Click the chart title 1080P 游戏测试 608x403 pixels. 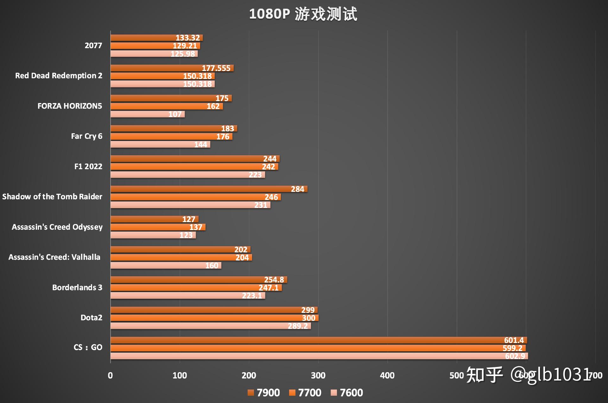coord(303,14)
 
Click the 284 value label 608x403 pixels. coord(297,189)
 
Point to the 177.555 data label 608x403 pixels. coord(216,68)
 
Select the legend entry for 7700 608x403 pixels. coord(305,393)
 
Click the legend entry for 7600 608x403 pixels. coord(347,393)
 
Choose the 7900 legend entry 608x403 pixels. coord(264,393)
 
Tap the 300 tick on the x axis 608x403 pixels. coord(318,375)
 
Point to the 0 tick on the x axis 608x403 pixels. coord(110,375)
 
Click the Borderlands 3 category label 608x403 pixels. coord(77,287)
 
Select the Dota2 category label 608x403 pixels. coord(91,317)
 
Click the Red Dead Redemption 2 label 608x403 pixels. coord(59,76)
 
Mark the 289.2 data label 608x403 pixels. coord(298,326)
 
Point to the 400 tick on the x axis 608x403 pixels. coord(387,375)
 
